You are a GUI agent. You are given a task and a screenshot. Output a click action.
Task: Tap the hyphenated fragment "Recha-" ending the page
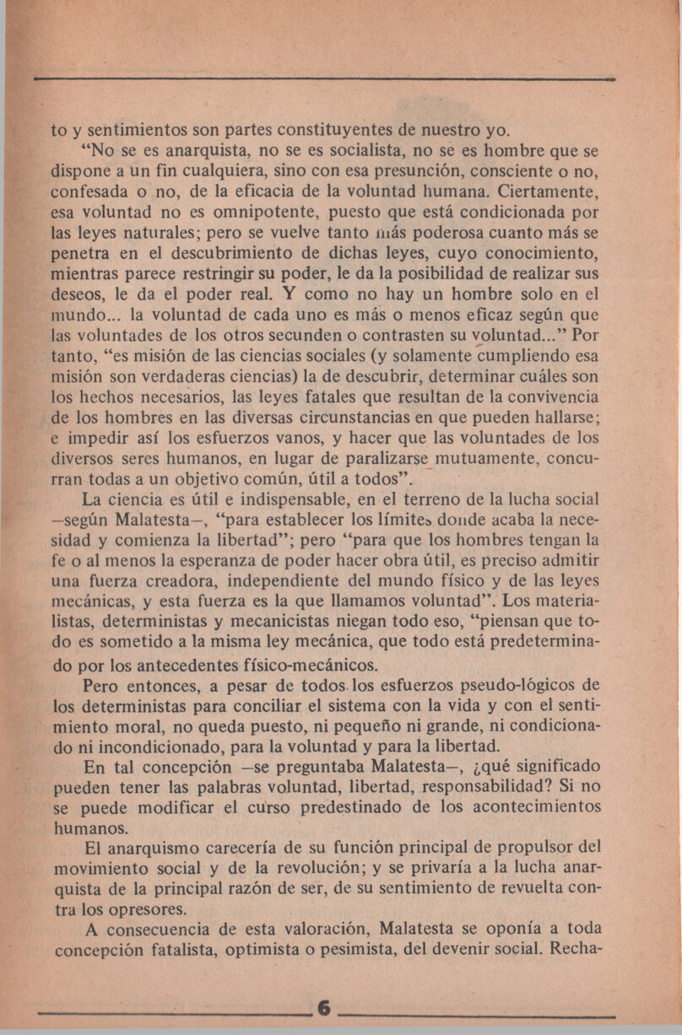click(x=574, y=949)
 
